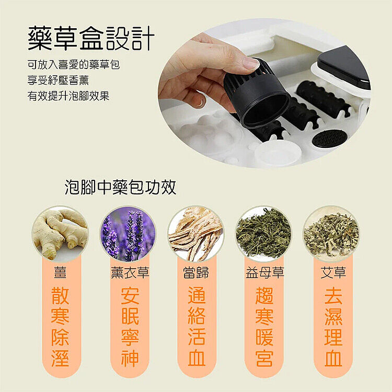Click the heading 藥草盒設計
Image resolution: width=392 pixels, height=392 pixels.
click(91, 38)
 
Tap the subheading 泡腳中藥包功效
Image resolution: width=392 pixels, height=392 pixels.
click(120, 187)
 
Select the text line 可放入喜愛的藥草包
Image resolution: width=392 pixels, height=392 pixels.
click(74, 64)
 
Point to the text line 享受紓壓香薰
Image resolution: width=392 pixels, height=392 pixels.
click(58, 80)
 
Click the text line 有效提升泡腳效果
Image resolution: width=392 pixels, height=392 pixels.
click(68, 96)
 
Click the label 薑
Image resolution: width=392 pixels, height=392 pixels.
click(60, 272)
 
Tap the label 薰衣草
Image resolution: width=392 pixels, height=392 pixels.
click(130, 272)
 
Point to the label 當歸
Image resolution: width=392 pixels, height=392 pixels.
click(196, 272)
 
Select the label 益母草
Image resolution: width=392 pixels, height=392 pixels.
click(265, 272)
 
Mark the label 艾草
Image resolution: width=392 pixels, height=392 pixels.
click(333, 272)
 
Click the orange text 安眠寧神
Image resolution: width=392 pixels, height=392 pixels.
click(130, 327)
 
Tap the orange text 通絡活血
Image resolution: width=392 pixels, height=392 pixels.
click(197, 327)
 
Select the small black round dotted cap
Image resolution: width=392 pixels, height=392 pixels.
click(328, 139)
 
